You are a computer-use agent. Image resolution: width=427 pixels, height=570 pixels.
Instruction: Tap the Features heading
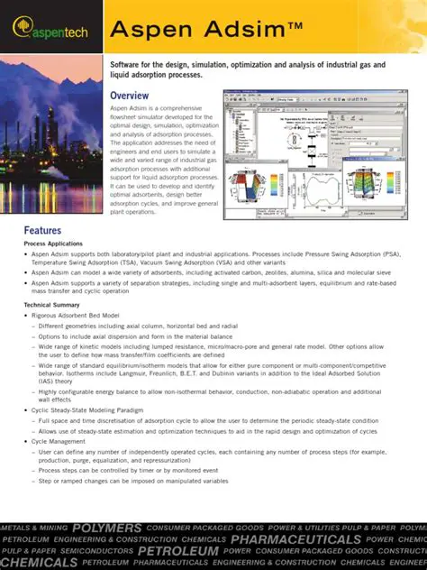pos(42,230)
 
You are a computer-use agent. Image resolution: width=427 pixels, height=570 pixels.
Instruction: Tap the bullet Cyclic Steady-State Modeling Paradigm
pos(87,410)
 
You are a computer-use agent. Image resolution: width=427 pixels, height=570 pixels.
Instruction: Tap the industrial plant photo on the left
pos(50,135)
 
